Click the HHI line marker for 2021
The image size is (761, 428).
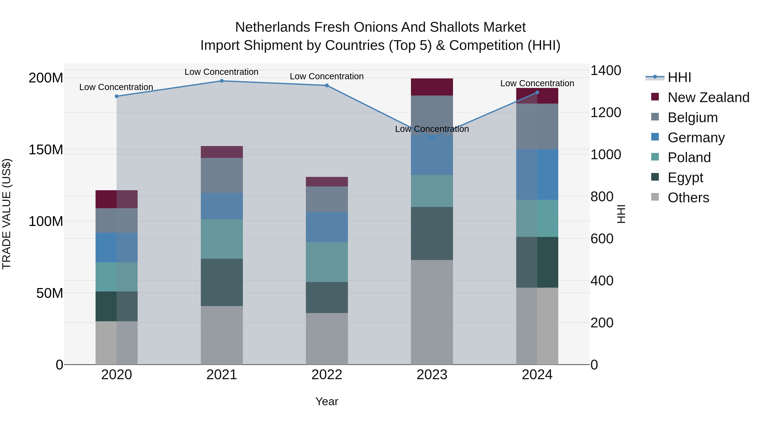coord(222,81)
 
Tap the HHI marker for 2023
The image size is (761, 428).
coord(432,138)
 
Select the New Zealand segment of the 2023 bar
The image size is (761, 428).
coord(432,87)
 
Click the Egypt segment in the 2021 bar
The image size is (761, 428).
coord(222,282)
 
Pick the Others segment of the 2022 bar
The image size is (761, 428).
coord(327,339)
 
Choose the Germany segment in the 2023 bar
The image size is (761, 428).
coord(432,155)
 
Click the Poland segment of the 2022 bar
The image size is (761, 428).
coord(327,262)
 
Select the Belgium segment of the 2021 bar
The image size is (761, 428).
coord(222,175)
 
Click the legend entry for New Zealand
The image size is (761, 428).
coord(708,97)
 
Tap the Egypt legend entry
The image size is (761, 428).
coord(685,178)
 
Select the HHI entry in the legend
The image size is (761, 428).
coord(679,77)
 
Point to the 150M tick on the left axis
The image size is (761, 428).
coord(46,150)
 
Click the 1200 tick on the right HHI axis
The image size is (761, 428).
coord(606,112)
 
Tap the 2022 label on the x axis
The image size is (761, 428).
coord(327,375)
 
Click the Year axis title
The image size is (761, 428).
coord(327,401)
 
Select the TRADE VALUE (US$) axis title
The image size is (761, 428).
coord(7,214)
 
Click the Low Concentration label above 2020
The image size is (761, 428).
coord(116,87)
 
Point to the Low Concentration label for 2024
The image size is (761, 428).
coord(537,83)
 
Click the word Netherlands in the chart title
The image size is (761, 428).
coord(272,27)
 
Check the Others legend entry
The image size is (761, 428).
coord(688,198)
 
